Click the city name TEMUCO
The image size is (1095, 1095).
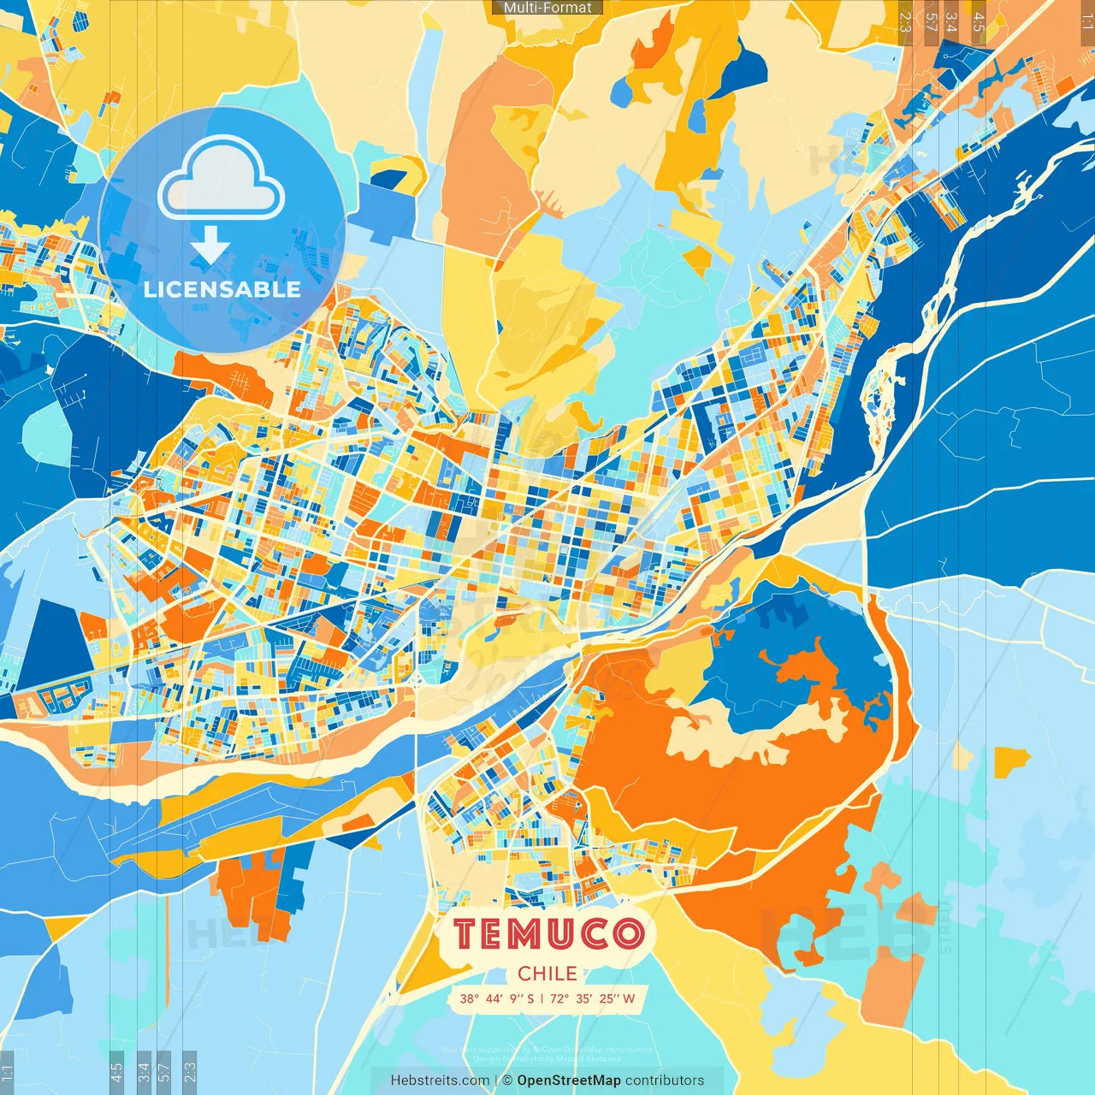[x=548, y=934]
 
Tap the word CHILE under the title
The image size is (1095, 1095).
[x=547, y=974]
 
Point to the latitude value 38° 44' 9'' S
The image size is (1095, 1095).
[x=496, y=998]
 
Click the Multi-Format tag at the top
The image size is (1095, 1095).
[x=547, y=8]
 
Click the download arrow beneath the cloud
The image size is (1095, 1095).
[x=210, y=246]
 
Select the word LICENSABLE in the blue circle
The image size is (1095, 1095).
[x=222, y=289]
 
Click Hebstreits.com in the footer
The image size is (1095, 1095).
[x=440, y=1080]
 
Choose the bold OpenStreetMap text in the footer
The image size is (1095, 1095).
[x=569, y=1080]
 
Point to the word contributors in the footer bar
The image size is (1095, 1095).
[x=665, y=1080]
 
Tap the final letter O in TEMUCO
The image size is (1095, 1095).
[x=629, y=934]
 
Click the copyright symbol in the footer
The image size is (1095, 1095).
[x=506, y=1080]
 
